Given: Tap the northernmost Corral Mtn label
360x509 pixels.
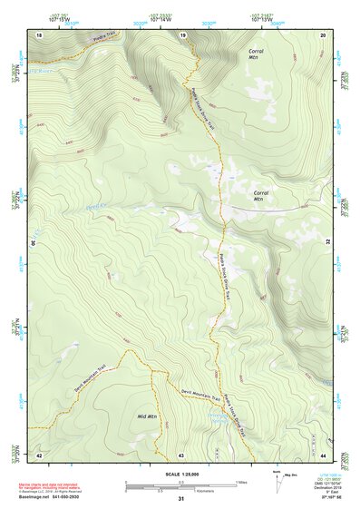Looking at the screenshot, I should click(257, 55).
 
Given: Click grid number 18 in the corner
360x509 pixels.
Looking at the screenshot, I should click(39, 34).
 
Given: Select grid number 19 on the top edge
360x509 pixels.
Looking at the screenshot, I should click(182, 34).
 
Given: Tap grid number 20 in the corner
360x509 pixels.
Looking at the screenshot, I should click(324, 34).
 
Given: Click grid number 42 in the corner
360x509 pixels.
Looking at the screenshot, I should click(39, 454).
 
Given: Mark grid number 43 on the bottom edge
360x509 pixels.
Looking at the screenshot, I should click(181, 454).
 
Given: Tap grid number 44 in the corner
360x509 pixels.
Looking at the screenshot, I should click(324, 454).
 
